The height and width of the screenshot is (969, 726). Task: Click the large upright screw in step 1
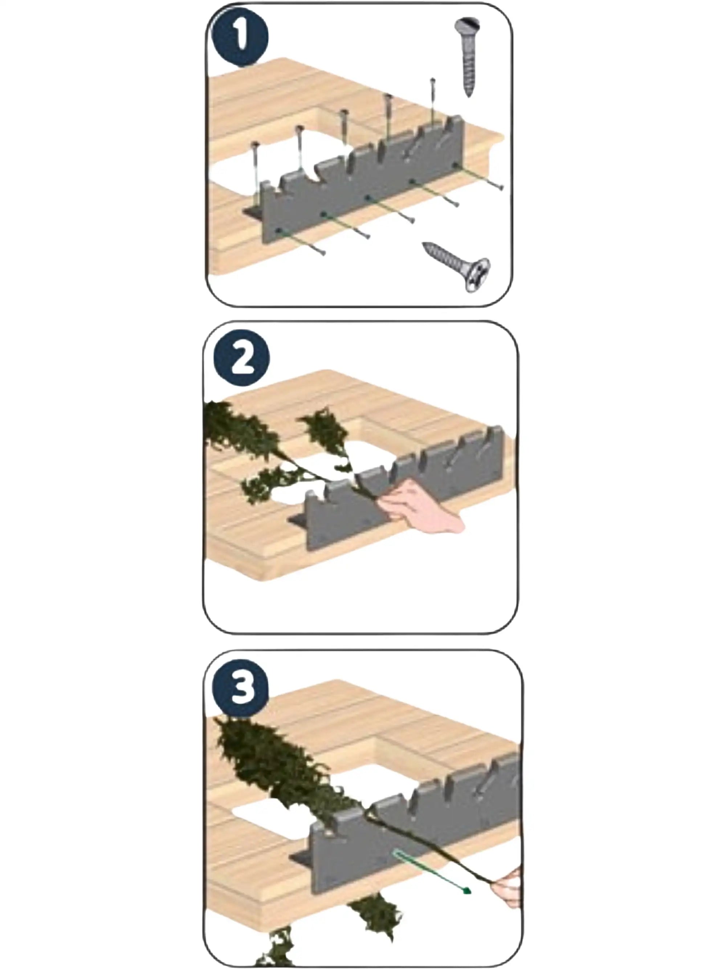point(467,57)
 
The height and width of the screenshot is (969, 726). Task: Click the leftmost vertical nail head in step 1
point(255,145)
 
